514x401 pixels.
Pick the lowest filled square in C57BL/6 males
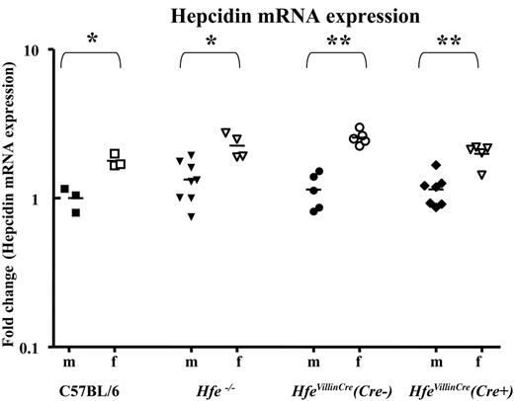76,211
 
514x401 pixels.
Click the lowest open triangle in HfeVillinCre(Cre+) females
481,175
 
